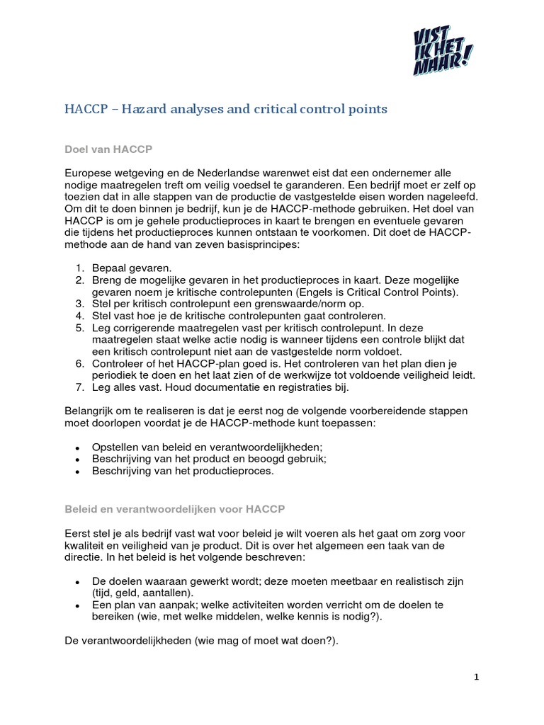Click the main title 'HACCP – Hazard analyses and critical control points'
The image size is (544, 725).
tap(226, 109)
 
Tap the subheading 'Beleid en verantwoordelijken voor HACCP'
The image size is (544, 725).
tap(175, 508)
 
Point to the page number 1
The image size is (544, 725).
tap(477, 677)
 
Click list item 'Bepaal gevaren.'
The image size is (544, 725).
tap(132, 268)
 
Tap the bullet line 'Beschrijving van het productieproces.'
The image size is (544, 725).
tap(182, 471)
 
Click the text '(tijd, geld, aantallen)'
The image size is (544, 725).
tap(142, 593)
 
